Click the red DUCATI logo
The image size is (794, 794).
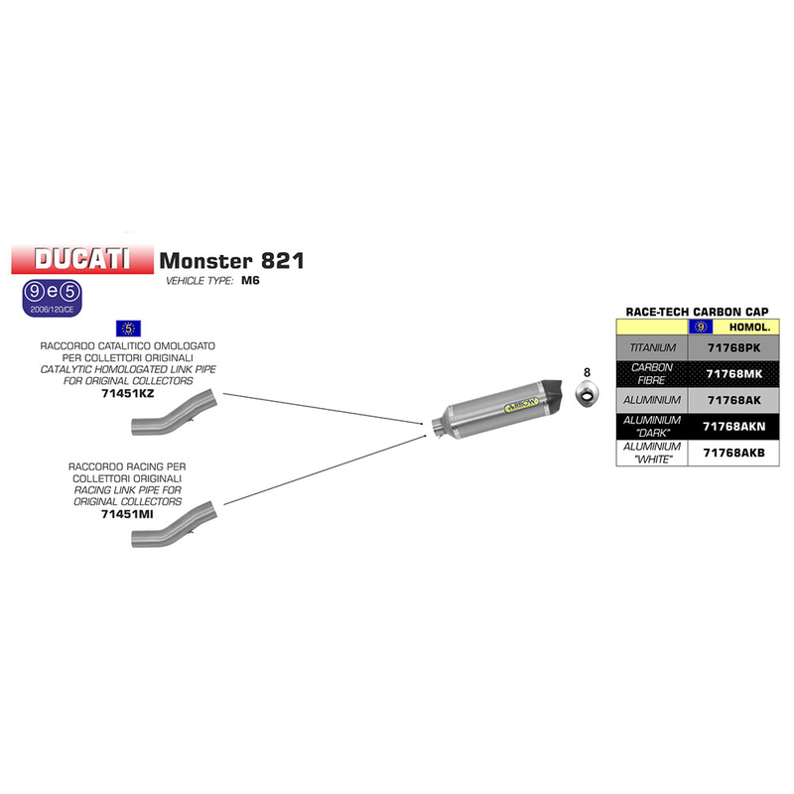point(82,259)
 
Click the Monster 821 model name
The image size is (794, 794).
point(232,261)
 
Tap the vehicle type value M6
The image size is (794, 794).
point(251,282)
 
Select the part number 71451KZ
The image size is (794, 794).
point(128,393)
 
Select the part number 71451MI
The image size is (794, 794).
point(128,514)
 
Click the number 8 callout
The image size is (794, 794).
point(587,373)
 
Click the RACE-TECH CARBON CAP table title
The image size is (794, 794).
point(698,311)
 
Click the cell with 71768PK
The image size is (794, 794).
point(733,348)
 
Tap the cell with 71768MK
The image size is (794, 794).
point(733,374)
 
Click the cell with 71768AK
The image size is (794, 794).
point(733,399)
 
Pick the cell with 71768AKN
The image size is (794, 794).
point(733,426)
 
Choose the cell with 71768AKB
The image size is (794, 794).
point(733,453)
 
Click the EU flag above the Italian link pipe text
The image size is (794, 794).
point(128,327)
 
